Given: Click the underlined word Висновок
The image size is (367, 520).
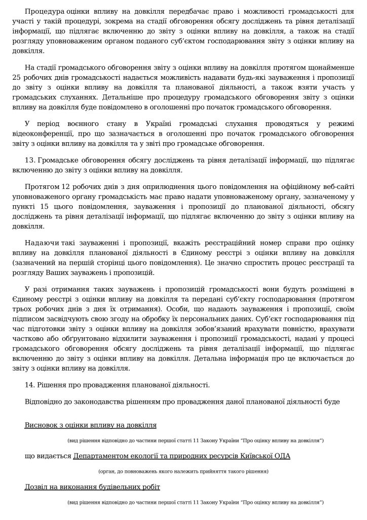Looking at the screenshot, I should [x=42, y=425].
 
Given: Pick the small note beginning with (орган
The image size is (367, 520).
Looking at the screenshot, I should [x=183, y=471].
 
